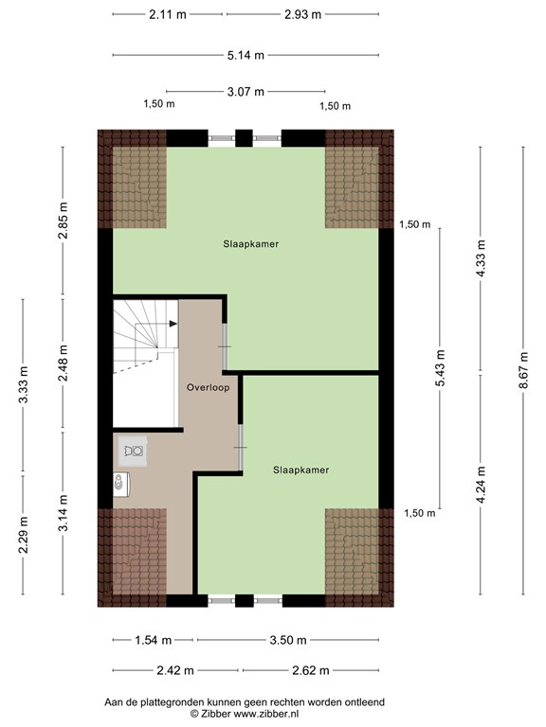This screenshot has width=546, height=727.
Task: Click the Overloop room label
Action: point(208,387)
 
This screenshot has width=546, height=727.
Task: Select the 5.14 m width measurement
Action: point(246,55)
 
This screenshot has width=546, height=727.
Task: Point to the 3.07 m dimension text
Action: point(246,92)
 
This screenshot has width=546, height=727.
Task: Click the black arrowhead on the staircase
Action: point(173,324)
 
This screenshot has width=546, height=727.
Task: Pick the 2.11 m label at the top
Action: point(168,14)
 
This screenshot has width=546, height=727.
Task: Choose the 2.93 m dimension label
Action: point(302,14)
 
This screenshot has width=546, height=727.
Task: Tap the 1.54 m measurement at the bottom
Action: point(154,640)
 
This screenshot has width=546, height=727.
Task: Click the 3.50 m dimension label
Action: point(288,640)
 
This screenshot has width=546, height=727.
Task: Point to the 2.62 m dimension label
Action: point(311,670)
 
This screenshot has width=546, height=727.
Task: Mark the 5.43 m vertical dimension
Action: point(440,367)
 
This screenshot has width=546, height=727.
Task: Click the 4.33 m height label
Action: point(481,258)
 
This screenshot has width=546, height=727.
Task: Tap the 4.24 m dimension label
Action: point(481,485)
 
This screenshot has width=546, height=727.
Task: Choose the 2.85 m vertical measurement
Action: point(63,221)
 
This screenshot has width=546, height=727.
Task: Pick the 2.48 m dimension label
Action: point(63,363)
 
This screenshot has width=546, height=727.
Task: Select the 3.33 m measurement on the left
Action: point(23,386)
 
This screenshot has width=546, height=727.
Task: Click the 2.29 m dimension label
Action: point(23,534)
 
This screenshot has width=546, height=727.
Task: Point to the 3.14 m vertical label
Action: point(63,513)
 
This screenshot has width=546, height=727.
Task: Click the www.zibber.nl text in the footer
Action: point(266,714)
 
